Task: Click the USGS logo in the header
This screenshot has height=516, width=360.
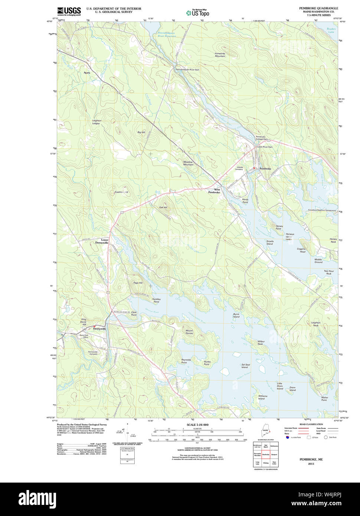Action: tap(69, 11)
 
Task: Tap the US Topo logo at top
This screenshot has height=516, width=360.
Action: tap(197, 13)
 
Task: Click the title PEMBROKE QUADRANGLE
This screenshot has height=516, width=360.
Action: tap(318, 8)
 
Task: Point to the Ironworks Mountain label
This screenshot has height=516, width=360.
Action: tap(220, 55)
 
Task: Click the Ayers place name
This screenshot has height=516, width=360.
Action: tap(87, 73)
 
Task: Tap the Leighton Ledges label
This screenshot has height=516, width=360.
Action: tap(96, 122)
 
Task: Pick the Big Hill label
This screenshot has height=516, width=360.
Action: tap(141, 132)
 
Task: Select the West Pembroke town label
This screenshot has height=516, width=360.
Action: tap(214, 191)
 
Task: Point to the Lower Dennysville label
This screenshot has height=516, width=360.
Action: tap(102, 241)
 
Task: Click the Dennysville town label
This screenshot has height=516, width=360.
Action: tap(99, 329)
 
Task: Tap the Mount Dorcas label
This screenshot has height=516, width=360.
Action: tap(189, 332)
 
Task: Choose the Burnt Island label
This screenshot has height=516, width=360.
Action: tap(236, 316)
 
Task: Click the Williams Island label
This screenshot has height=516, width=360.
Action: tap(263, 397)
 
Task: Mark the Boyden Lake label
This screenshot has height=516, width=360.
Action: tap(331, 30)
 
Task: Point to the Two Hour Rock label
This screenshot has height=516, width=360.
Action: tap(329, 272)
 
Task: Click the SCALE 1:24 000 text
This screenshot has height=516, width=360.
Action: tap(197, 425)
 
